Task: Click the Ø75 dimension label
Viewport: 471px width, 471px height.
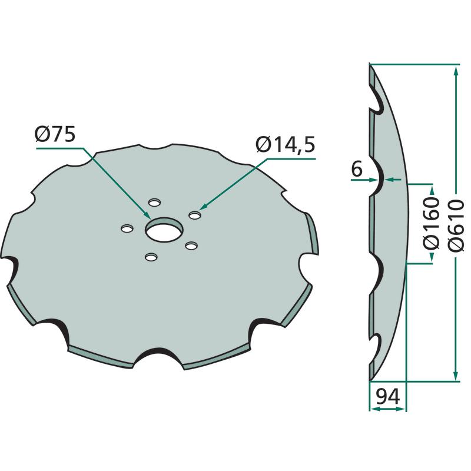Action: coord(55,134)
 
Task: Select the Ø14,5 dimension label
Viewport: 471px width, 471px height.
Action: coord(286,145)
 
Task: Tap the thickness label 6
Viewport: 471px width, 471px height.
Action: coord(357,170)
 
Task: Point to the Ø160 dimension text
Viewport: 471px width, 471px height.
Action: coord(432,223)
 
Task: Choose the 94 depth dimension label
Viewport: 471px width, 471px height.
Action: coord(387,396)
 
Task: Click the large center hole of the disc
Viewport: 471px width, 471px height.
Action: coord(164,230)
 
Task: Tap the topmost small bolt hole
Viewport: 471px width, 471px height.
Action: coord(155,202)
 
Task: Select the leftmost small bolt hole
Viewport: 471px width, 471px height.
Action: coord(127,228)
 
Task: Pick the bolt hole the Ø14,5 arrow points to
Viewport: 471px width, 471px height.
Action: coord(195,215)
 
